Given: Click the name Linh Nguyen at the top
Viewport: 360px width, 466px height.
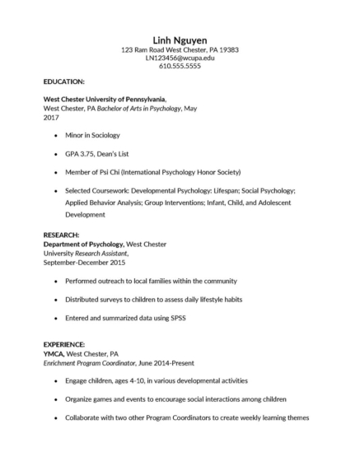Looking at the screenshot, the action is click(180, 40).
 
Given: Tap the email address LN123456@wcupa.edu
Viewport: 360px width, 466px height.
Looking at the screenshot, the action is click(180, 58).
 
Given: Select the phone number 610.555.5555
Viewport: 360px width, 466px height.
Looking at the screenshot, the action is click(180, 66).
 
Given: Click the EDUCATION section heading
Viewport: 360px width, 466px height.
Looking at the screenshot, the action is click(63, 82).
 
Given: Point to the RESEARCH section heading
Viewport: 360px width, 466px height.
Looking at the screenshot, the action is click(61, 235).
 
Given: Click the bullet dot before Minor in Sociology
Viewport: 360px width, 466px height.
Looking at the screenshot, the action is click(55, 134).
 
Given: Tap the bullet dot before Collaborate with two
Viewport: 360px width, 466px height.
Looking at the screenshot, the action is click(55, 417).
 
